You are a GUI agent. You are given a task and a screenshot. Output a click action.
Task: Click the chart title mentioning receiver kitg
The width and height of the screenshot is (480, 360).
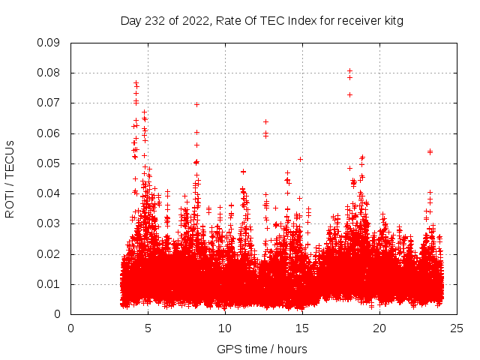tap(262, 21)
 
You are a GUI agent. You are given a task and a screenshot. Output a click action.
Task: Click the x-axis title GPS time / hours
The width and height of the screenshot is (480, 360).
tap(262, 349)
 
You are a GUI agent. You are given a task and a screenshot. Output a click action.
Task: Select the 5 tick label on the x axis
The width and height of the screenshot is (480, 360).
tap(148, 327)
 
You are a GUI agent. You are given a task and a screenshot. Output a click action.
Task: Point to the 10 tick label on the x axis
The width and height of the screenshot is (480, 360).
tap(225, 327)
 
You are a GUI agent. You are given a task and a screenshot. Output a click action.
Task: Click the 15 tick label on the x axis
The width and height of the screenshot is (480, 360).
tap(302, 327)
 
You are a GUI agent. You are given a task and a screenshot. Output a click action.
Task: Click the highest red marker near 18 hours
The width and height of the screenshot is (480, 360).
tap(349, 71)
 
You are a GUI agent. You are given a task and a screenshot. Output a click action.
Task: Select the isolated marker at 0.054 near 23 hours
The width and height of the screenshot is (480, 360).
tap(430, 151)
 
